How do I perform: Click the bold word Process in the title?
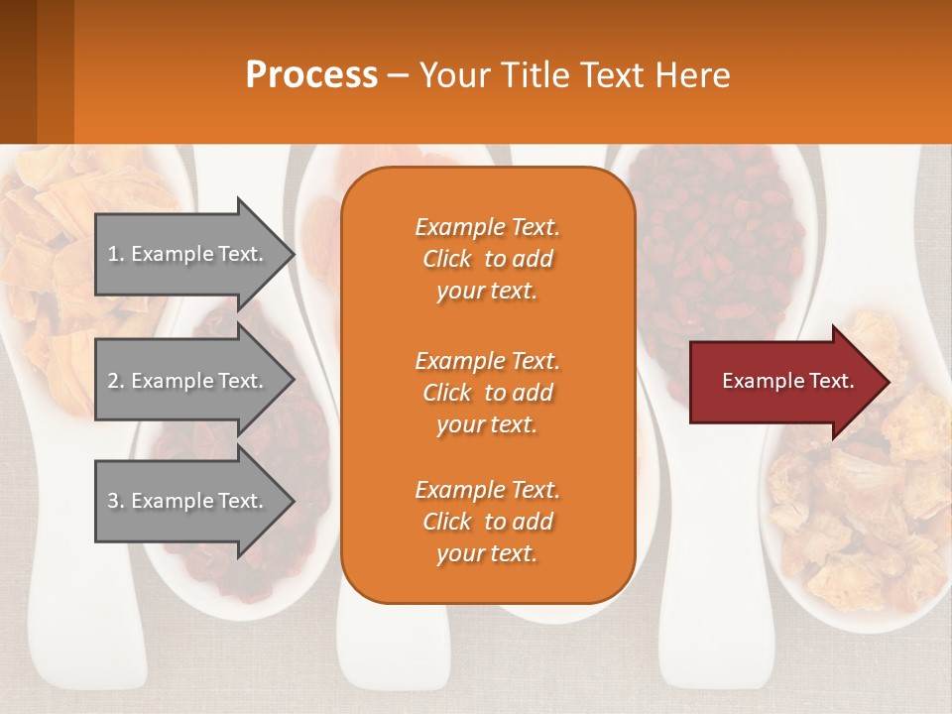coord(311,75)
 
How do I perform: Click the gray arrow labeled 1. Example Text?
coord(188,254)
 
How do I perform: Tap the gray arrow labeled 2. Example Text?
coord(188,381)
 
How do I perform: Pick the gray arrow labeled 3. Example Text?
coord(188,501)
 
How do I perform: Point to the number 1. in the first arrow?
coord(116,254)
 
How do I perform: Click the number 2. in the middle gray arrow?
coord(116,381)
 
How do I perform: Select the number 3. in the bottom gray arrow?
coord(116,501)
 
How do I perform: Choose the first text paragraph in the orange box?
coord(487,259)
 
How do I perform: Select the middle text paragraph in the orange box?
coord(487,392)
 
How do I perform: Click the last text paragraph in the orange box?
coord(487,522)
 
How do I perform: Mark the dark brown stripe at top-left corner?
coord(18,71)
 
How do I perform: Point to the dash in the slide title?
coord(398,75)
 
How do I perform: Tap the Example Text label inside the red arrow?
coord(787,381)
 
